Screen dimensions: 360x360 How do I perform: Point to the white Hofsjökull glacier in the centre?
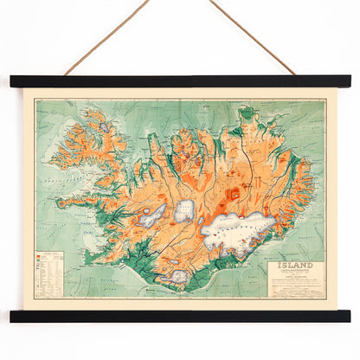coord(185,210)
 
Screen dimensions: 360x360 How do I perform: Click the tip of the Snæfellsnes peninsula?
coord(61,205)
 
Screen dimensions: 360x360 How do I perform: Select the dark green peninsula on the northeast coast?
coord(248,114)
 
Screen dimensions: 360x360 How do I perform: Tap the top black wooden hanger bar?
coord(180,81)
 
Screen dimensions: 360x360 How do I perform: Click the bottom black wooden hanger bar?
coord(180,316)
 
